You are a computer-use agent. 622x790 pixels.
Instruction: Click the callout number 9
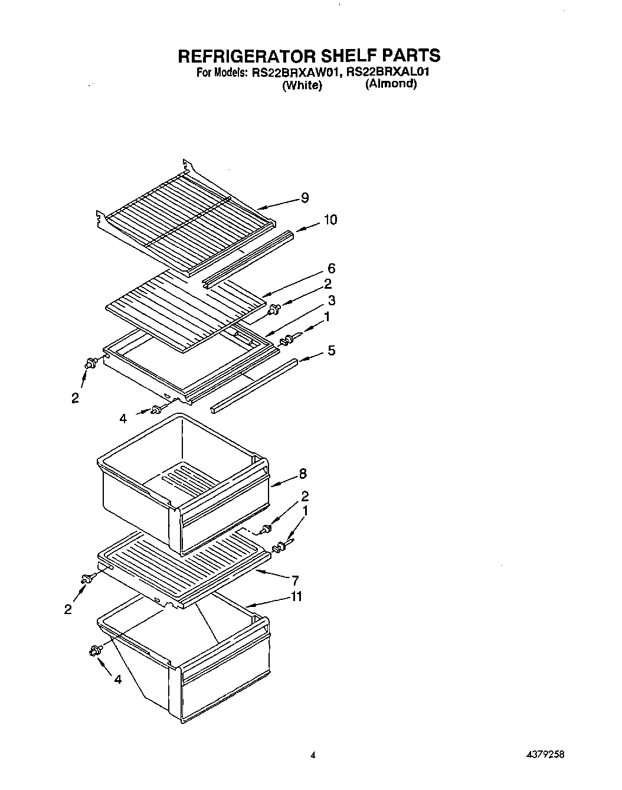click(305, 198)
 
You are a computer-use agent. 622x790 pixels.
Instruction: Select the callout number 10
click(330, 220)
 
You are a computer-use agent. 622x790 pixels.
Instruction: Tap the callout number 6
click(332, 269)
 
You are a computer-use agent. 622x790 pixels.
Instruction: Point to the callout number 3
click(332, 301)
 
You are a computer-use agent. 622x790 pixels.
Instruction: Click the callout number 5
click(332, 351)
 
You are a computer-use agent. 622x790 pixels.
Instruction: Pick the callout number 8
click(303, 474)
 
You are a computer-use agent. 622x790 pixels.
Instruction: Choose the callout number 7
click(295, 580)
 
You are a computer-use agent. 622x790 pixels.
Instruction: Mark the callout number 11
click(296, 597)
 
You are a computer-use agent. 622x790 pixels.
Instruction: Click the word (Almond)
click(391, 84)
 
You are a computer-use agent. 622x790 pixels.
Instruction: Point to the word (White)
click(302, 86)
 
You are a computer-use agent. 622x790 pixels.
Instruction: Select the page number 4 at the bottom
click(313, 755)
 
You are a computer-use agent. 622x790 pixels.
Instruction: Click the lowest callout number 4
click(118, 680)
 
